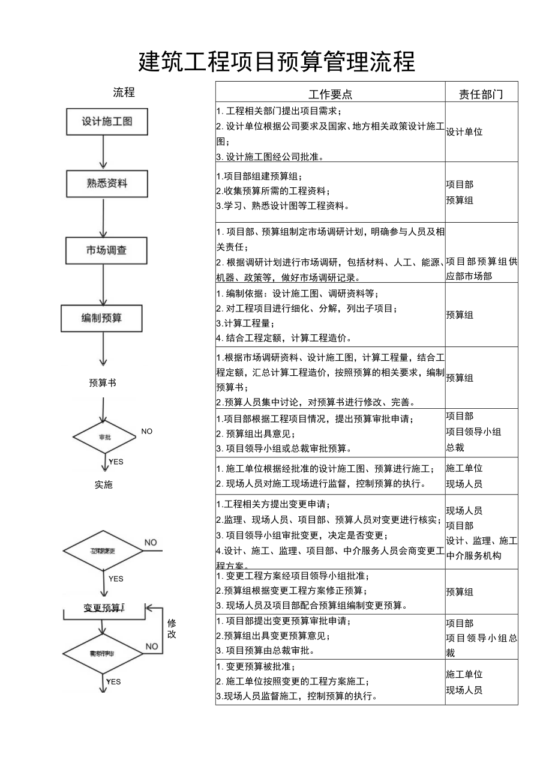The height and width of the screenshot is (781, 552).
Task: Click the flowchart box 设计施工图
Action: click(x=107, y=121)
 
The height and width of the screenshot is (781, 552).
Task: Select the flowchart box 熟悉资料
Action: click(x=106, y=183)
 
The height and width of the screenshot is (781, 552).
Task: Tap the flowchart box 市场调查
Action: click(x=106, y=250)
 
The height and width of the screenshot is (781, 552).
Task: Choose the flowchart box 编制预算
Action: click(x=101, y=318)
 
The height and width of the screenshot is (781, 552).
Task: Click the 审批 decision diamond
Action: click(x=104, y=437)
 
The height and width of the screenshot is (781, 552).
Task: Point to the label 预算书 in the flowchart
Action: click(x=102, y=383)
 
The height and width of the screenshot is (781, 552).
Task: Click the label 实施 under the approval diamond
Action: click(x=103, y=484)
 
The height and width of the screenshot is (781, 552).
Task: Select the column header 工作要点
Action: click(x=330, y=94)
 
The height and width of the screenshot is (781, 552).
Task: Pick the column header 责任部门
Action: click(x=481, y=94)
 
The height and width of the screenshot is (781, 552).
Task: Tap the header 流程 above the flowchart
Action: click(x=124, y=92)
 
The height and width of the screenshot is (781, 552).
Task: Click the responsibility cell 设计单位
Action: click(x=464, y=132)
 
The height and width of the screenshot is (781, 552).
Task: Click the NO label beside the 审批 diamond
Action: click(x=147, y=431)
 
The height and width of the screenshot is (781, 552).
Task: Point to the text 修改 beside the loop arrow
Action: click(x=172, y=629)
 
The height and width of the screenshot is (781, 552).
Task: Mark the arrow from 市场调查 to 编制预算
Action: click(x=103, y=284)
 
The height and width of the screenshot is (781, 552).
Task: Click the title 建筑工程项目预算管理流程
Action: click(x=277, y=62)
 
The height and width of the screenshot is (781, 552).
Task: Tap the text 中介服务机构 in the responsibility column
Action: click(x=473, y=556)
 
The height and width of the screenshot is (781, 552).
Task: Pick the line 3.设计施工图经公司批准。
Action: click(x=270, y=157)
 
